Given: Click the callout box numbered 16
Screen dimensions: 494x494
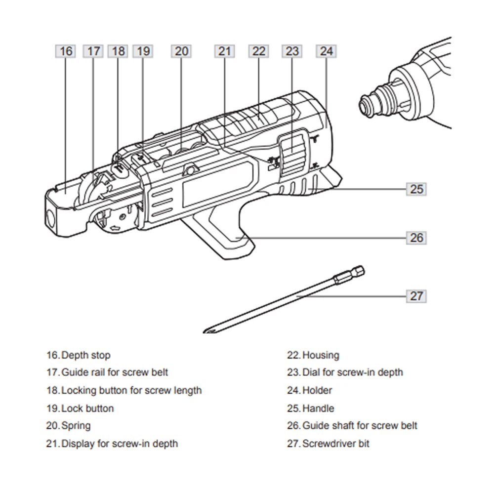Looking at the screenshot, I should click(x=66, y=51).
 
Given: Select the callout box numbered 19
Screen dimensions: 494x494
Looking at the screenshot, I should click(x=143, y=51).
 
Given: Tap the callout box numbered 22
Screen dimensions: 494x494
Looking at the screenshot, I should click(x=259, y=51).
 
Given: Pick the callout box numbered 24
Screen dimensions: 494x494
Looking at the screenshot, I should click(x=326, y=51).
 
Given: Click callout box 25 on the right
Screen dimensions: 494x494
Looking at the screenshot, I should click(x=416, y=189).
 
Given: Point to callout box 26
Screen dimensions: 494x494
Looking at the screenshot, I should click(x=416, y=238).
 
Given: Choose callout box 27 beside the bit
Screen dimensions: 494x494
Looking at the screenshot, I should click(x=416, y=296).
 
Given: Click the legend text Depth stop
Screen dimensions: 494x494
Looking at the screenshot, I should click(x=85, y=355).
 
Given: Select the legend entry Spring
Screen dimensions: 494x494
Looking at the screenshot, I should click(x=76, y=425).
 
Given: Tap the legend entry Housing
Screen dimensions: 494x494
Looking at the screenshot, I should click(x=320, y=355).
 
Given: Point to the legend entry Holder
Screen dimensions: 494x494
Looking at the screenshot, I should click(x=317, y=390).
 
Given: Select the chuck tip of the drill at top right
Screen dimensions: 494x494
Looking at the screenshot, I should click(x=366, y=105).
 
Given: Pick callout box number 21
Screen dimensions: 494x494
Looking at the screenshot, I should click(x=225, y=51).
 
